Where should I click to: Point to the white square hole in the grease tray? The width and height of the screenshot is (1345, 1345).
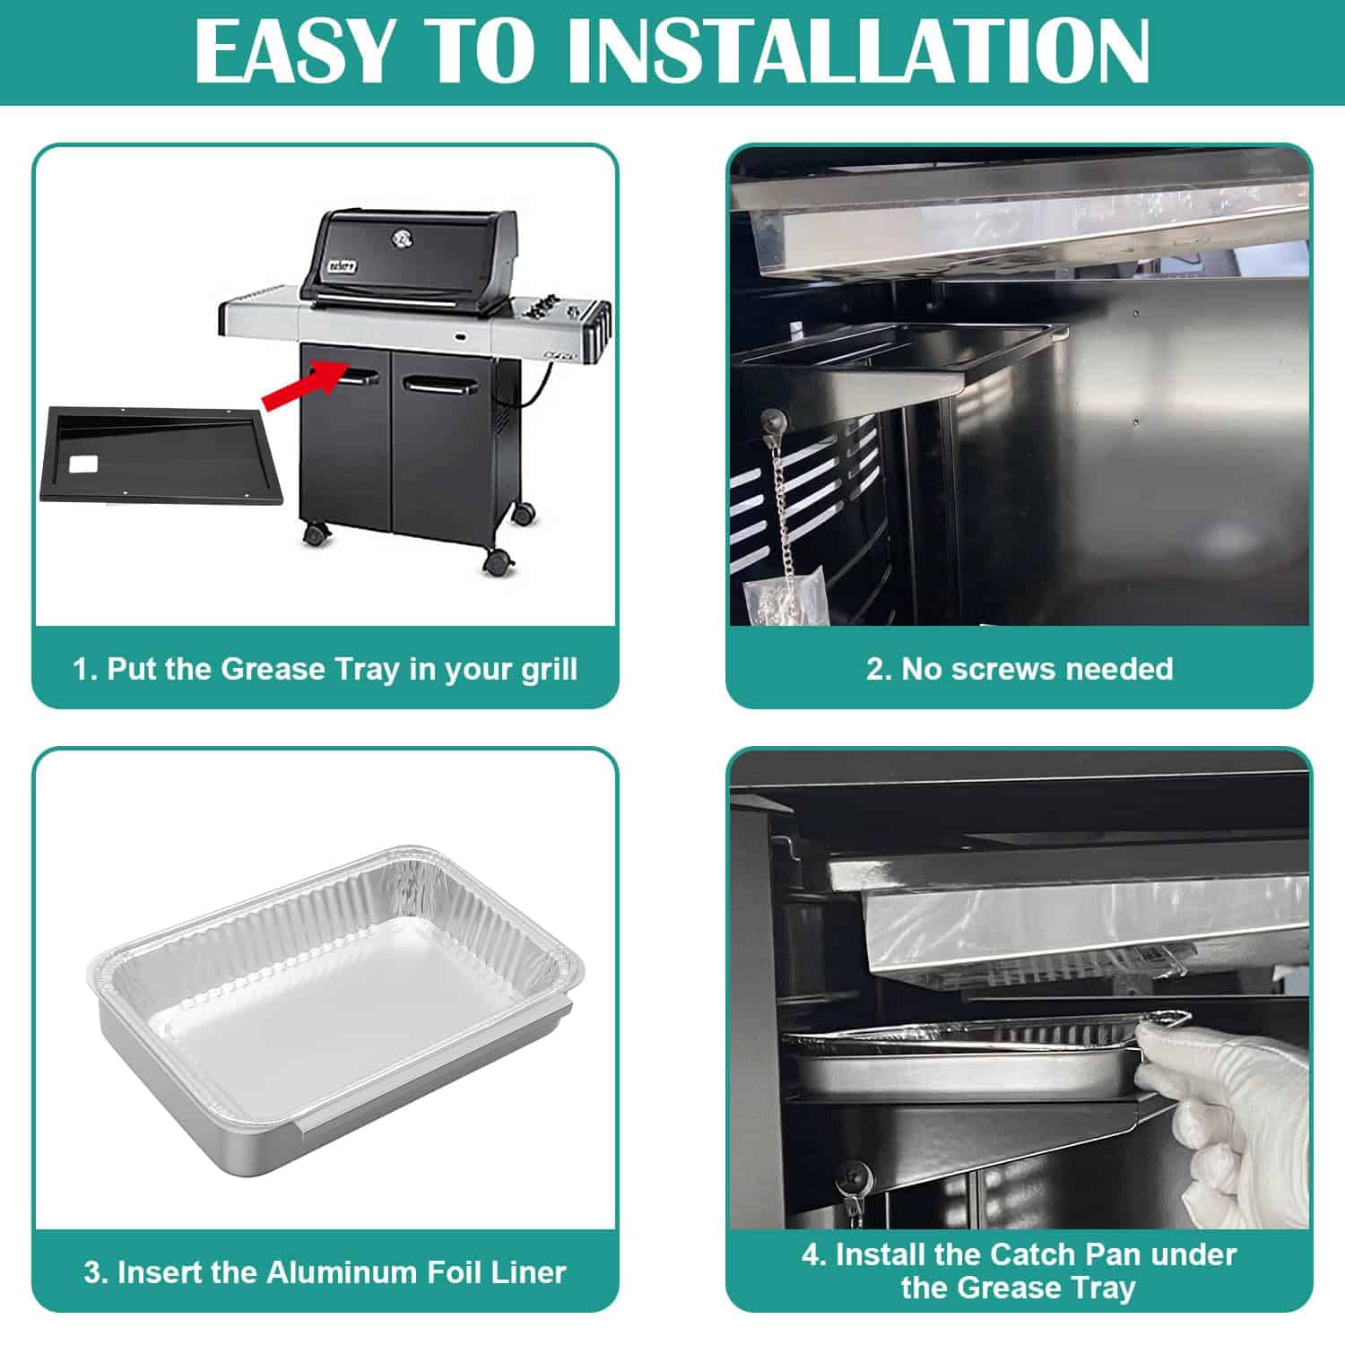[x=87, y=465]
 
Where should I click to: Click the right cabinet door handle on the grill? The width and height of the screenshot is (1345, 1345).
[x=438, y=385]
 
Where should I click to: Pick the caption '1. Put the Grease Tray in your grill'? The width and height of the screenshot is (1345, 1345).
[x=325, y=669]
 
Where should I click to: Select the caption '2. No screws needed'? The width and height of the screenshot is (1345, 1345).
[x=1020, y=669]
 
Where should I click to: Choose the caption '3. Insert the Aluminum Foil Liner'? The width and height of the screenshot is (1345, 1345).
[x=325, y=1272]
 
